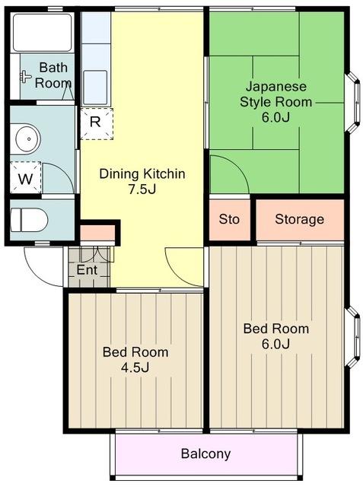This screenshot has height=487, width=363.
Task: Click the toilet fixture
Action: [29, 220]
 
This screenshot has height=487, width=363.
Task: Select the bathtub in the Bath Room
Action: [42, 32]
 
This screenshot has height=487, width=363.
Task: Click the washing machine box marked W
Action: [25, 177]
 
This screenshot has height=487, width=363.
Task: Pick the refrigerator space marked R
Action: [97, 123]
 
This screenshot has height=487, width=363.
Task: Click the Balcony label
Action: [205, 454]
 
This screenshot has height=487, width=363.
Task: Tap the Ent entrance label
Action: [87, 269]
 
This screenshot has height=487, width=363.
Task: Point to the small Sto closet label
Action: [229, 219]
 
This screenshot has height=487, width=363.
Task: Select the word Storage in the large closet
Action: [299, 219]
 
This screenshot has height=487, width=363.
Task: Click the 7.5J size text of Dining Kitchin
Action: [142, 189]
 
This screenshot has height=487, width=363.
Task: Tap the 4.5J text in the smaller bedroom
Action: [135, 368]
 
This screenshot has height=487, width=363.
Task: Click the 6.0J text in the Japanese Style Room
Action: [275, 117]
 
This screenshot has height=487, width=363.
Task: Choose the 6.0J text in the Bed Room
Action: [275, 344]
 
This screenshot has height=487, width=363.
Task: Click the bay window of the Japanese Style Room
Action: [353, 103]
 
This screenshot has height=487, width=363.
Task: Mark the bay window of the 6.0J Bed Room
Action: [353, 337]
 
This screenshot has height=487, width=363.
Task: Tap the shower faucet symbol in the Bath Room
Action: [25, 76]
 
